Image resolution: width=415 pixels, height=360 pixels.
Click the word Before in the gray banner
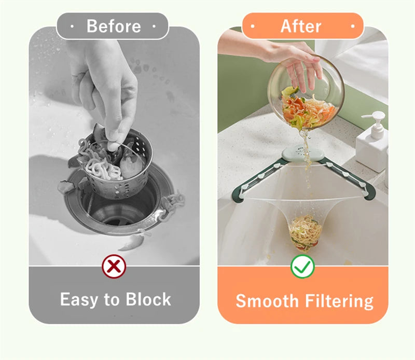coord(114,26)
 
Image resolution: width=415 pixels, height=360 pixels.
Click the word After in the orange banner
coord(301,26)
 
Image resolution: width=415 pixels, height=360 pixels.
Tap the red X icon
coord(114,266)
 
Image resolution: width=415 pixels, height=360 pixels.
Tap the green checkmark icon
coord(302,266)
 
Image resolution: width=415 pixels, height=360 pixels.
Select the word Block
coord(148,299)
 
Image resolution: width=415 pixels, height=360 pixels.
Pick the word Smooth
coord(267,301)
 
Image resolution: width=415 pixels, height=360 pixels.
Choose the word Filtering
coord(339,302)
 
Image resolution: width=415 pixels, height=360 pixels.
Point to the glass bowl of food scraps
coord(306,93)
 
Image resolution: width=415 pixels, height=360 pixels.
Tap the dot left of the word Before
coord(72,26)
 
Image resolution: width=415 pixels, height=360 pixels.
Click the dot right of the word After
coord(353,26)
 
